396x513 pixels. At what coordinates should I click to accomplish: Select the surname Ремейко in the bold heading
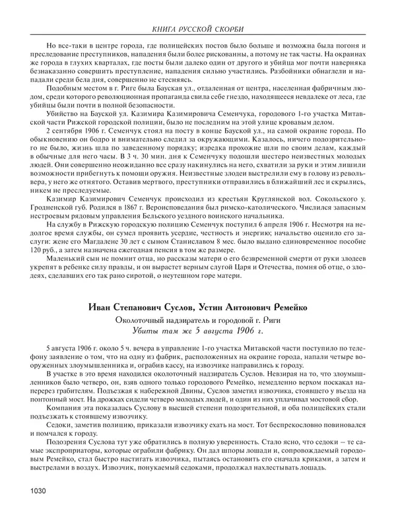(288, 306)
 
